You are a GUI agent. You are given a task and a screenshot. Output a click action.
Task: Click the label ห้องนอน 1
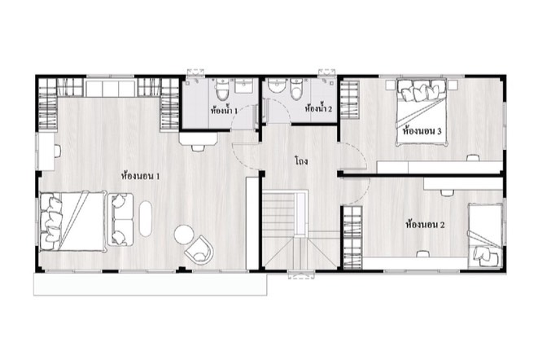pyautogui.click(x=141, y=176)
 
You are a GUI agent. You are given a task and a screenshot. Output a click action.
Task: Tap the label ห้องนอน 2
pyautogui.click(x=425, y=225)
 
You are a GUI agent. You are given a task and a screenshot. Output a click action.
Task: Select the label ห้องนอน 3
pyautogui.click(x=422, y=131)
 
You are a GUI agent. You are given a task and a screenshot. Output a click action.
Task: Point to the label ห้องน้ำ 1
pyautogui.click(x=224, y=110)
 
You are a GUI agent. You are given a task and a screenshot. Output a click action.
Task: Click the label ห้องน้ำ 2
pyautogui.click(x=318, y=109)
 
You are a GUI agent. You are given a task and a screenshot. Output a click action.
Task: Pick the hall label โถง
pyautogui.click(x=301, y=160)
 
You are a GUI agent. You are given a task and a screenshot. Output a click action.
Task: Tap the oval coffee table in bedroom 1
pyautogui.click(x=146, y=218)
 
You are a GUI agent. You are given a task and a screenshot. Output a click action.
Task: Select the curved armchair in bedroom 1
pyautogui.click(x=199, y=250)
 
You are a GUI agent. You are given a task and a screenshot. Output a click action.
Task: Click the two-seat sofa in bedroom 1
pyautogui.click(x=120, y=220)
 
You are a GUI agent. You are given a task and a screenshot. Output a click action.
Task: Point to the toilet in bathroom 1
pyautogui.click(x=221, y=89)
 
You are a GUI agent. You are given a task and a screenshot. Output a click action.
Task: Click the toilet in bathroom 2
pyautogui.click(x=295, y=89)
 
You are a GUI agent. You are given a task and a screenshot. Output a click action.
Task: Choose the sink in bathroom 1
pyautogui.click(x=243, y=86)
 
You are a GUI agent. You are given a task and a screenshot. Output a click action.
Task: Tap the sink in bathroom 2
pyautogui.click(x=276, y=86)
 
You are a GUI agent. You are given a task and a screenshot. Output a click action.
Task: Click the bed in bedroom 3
pyautogui.click(x=422, y=112)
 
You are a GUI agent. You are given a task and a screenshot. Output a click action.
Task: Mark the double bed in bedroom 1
pyautogui.click(x=72, y=222)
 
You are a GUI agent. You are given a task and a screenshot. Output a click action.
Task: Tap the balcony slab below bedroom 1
pyautogui.click(x=151, y=284)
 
